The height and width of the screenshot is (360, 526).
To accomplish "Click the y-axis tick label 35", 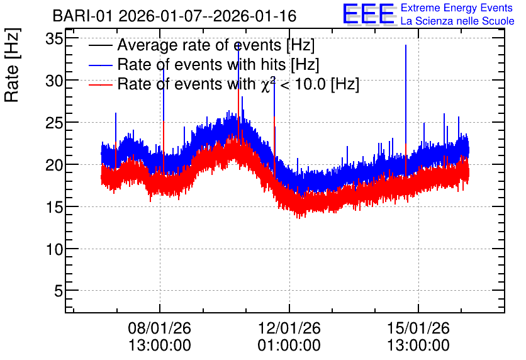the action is click(x=54, y=39).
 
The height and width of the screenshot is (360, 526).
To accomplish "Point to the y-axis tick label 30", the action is click(x=54, y=81).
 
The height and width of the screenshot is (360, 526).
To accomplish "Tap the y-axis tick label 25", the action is click(x=54, y=123).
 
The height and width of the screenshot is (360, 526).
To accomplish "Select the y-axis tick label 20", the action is click(x=54, y=165).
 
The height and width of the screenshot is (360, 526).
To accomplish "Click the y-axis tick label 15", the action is click(x=54, y=207).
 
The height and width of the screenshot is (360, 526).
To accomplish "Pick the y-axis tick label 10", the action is click(x=54, y=249).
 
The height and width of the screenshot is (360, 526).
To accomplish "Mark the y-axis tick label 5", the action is click(x=59, y=291).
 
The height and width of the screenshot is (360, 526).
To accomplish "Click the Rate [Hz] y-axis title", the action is click(x=12, y=65).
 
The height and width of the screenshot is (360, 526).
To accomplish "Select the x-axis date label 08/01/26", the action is click(x=159, y=328).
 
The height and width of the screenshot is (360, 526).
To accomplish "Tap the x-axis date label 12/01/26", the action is click(x=289, y=328).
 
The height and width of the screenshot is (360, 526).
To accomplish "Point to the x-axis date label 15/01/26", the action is click(x=418, y=328).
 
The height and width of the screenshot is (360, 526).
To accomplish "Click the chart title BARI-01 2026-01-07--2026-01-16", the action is click(x=174, y=16).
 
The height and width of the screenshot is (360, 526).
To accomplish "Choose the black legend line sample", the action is click(x=100, y=45).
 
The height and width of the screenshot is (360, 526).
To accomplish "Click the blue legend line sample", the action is click(x=100, y=65).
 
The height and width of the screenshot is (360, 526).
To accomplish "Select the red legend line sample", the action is click(x=100, y=84).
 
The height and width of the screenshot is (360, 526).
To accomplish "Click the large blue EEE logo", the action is click(x=369, y=14).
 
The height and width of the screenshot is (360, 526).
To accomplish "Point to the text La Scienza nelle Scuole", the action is click(x=457, y=21).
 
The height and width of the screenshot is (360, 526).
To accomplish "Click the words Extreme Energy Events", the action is click(x=457, y=8).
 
